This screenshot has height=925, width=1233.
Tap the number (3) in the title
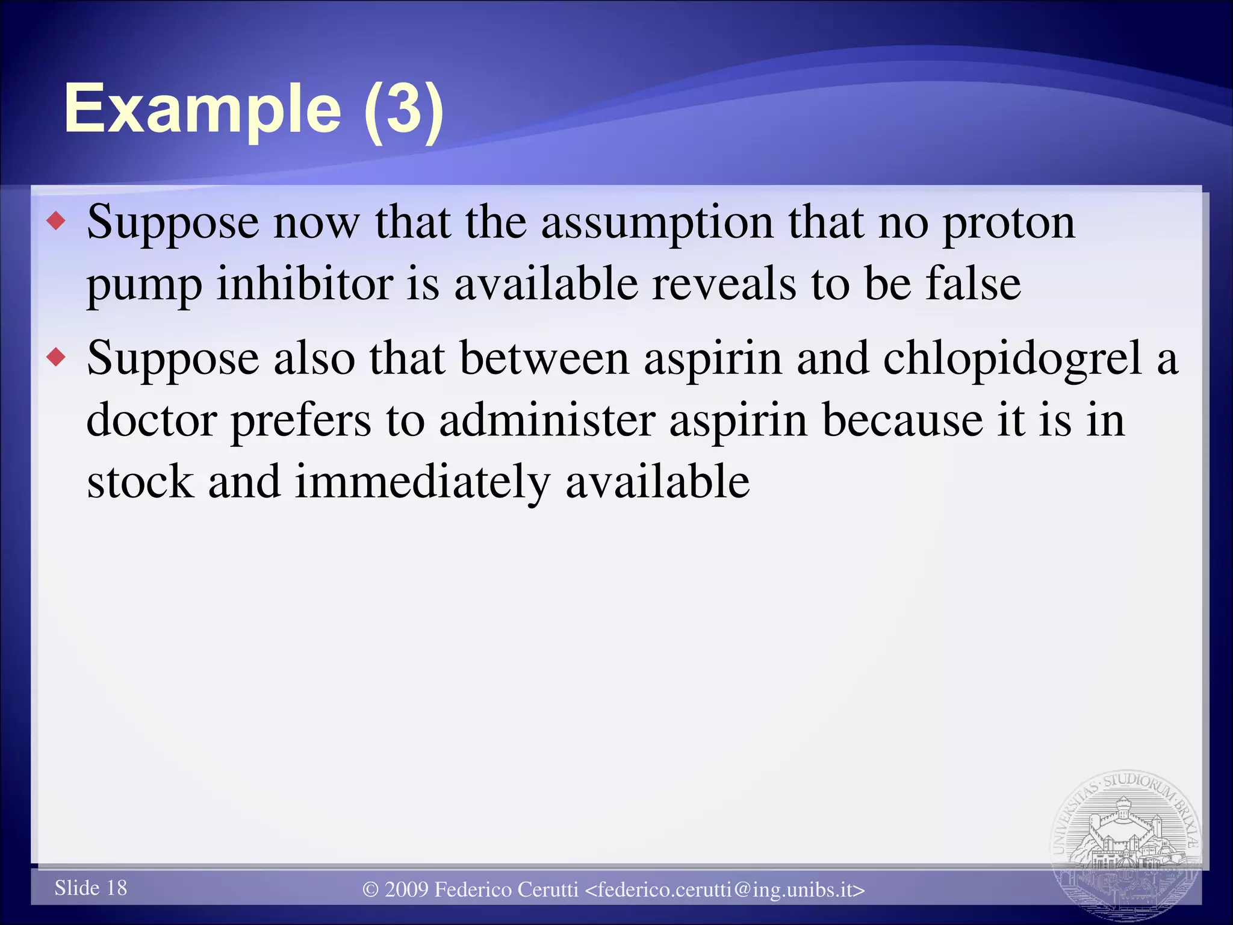coord(404,110)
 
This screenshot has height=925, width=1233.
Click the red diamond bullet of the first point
coord(57,222)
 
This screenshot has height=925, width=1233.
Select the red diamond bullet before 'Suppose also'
coord(57,358)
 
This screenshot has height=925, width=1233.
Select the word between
coord(544,358)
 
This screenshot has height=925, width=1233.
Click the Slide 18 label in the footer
coord(91,888)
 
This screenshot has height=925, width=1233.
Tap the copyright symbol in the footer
coord(371,890)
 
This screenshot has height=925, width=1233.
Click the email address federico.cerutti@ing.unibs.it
coord(725,890)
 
